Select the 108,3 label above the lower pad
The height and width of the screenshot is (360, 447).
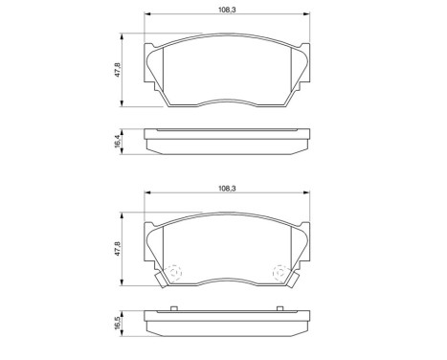click(226, 191)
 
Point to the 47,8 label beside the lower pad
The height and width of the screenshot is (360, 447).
click(118, 251)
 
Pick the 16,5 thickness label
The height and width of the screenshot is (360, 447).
click(118, 324)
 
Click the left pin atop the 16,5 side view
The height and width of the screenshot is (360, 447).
click(173, 308)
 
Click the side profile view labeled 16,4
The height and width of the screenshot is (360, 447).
click(227, 141)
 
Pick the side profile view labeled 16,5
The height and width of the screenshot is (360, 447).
click(227, 321)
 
